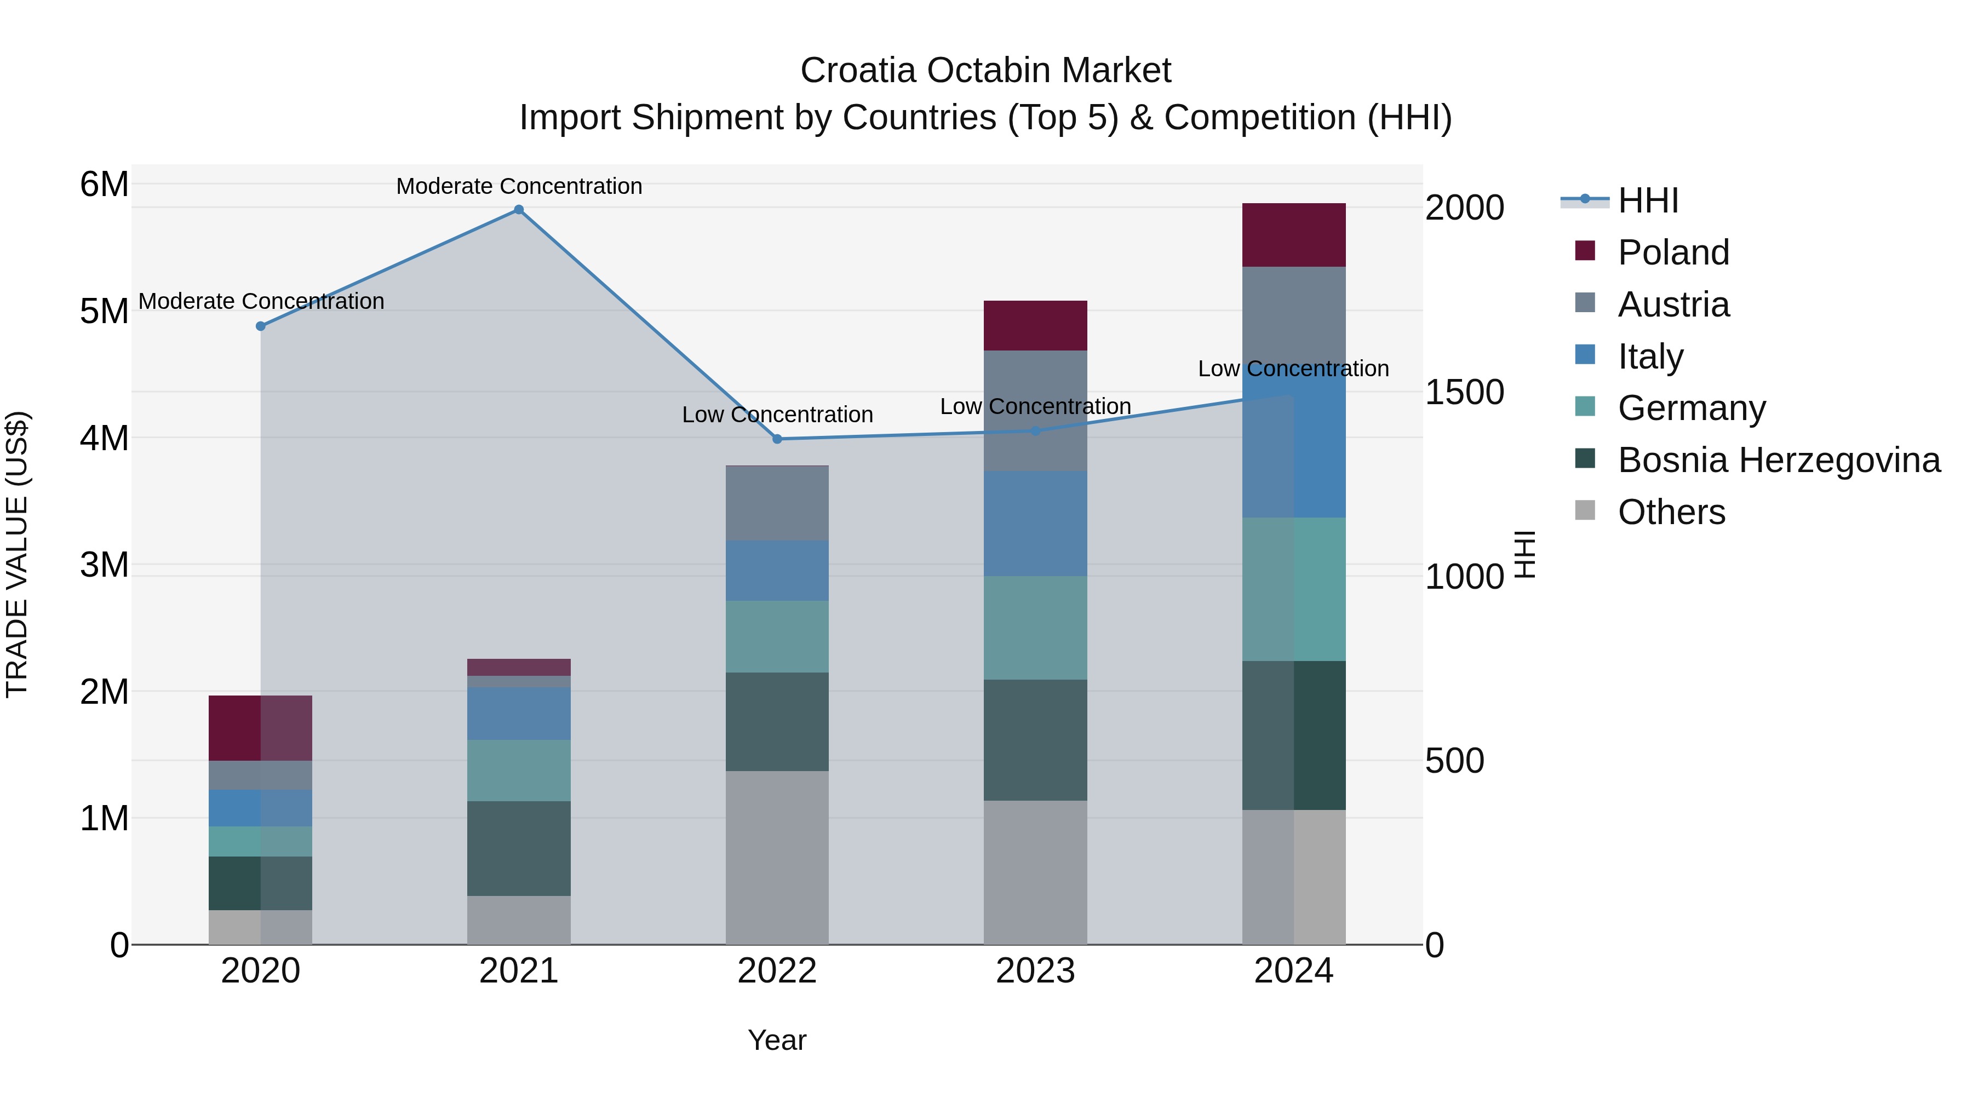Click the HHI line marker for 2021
coord(519,210)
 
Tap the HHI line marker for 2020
coord(260,326)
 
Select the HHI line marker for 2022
coord(777,439)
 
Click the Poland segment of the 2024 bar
coord(1294,235)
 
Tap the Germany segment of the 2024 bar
coord(1294,589)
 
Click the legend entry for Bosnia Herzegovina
coord(1778,460)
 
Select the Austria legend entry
coord(1673,304)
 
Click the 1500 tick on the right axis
coord(1464,392)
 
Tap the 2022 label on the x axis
coord(777,971)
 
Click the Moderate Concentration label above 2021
coord(519,186)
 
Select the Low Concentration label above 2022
coord(777,415)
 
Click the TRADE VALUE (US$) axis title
coord(17,554)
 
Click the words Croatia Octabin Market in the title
coord(985,71)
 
